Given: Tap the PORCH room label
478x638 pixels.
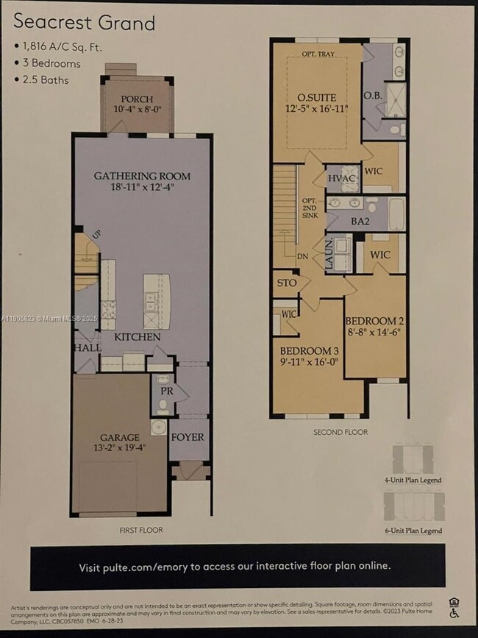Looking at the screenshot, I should (138, 99).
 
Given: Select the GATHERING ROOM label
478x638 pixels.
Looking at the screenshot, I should (142, 176).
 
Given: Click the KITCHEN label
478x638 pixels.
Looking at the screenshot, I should (138, 336).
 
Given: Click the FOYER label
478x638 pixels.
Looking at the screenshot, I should (188, 436).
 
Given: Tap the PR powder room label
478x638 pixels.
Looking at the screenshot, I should (167, 391).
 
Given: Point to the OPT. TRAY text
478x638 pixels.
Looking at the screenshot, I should (319, 54).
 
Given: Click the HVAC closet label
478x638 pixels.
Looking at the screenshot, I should (341, 178).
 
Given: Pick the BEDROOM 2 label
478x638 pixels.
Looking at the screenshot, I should (374, 321).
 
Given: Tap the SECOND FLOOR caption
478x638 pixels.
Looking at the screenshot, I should (340, 432).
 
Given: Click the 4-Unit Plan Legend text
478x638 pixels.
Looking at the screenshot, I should (413, 480).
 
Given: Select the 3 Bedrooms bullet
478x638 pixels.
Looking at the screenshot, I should (50, 63).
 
